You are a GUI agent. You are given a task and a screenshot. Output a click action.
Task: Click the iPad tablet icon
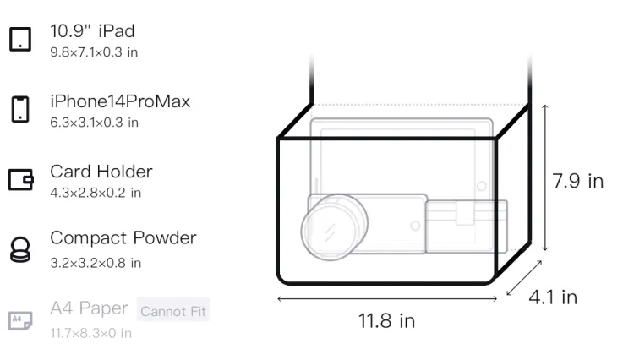[x=20, y=39]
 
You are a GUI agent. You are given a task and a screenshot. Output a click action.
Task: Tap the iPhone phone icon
[x=20, y=109]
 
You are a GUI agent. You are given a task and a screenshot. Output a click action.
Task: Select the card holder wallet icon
[x=20, y=179]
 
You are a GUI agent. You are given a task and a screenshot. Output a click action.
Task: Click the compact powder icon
[x=19, y=249]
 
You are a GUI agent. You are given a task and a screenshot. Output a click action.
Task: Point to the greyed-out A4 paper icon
[x=20, y=320]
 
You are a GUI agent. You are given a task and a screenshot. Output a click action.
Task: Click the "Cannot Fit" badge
[x=173, y=311]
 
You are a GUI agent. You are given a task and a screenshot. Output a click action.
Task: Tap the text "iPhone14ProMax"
[x=120, y=101]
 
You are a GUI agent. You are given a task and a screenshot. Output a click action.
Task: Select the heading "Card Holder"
[x=101, y=172]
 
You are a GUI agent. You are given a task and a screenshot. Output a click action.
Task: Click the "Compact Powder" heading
[x=123, y=237]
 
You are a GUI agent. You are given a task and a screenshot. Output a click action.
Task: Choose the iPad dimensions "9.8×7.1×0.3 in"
[x=94, y=52]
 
